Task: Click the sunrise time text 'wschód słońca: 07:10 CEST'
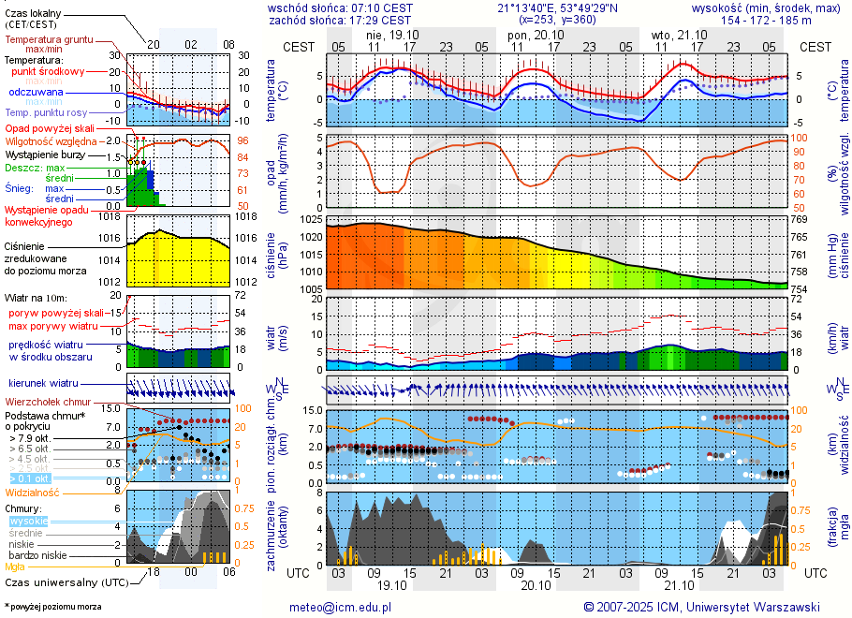tap(340, 7)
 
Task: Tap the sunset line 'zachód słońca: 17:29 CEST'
tap(340, 19)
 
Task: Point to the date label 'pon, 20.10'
tap(530, 35)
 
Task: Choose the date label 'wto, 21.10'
tap(675, 35)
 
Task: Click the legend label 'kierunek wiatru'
tap(44, 384)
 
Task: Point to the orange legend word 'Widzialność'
tap(32, 492)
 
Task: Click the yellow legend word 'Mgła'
tap(15, 566)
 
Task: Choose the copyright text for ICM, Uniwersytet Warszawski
tap(701, 607)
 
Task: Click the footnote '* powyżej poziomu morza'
tap(52, 607)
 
